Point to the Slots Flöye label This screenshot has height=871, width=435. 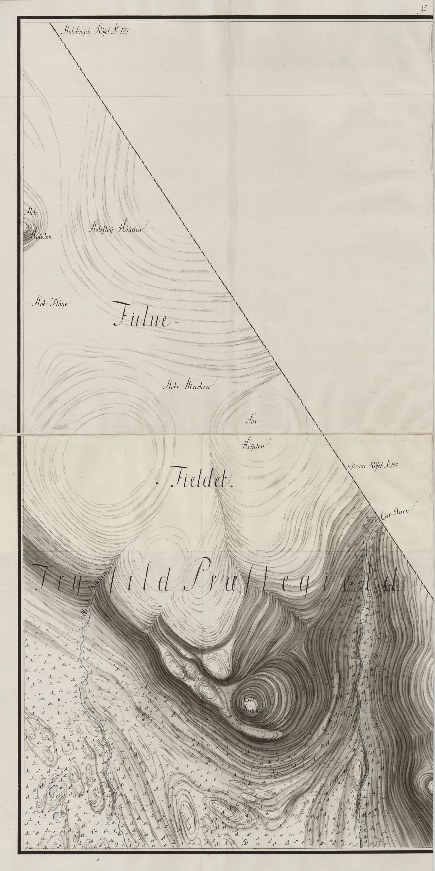click(51, 303)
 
